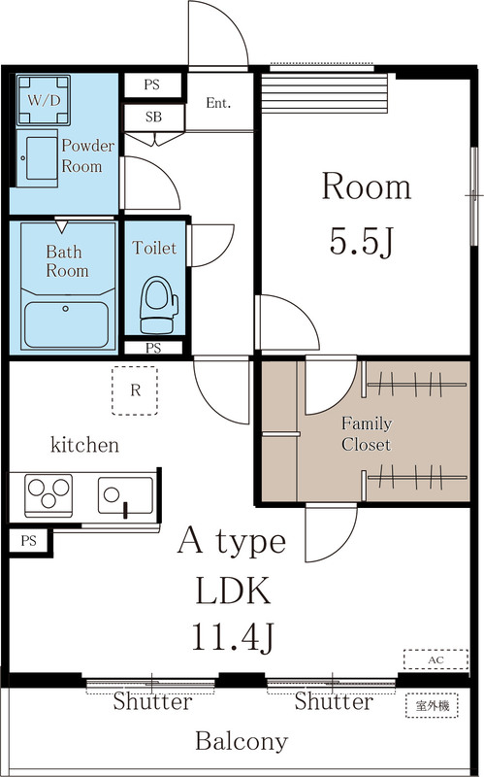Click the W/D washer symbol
pos(43,100)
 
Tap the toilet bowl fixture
pos(159,305)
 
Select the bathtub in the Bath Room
pos(66,324)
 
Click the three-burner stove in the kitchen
pos(48,495)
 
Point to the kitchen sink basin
pos(126,495)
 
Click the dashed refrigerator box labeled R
pos(135,390)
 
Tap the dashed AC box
pos(436,659)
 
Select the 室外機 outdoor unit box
pos(432,706)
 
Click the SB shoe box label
pos(153,118)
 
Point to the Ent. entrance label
pos(219,103)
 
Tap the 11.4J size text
pos(233,637)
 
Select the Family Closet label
pos(367,434)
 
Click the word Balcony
pos(242,742)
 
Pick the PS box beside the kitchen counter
pos(29,541)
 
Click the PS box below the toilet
pos(153,348)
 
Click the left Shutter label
pos(152,701)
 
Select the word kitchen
pos(84,445)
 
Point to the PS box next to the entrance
pos(153,84)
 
